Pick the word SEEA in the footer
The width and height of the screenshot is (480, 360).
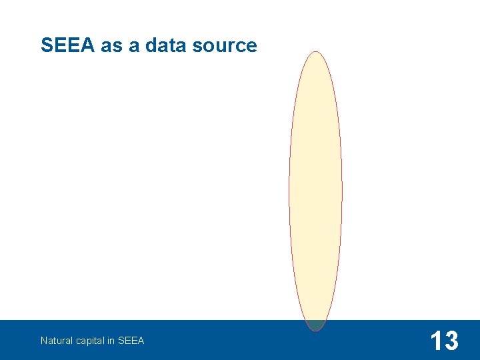[131, 341]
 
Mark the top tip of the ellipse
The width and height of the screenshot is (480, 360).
[315, 53]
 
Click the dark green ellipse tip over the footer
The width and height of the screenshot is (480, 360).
[315, 325]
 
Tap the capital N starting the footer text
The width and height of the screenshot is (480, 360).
[43, 341]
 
